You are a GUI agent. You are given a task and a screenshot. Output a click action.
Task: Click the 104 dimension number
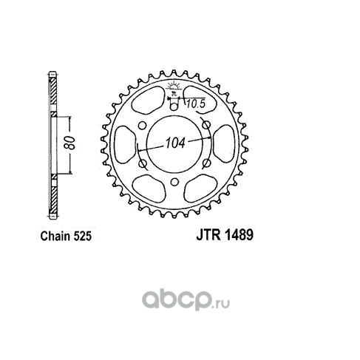(175, 143)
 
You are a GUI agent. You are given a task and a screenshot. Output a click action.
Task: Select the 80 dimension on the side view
(69, 143)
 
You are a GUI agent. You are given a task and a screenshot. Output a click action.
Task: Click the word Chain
(55, 236)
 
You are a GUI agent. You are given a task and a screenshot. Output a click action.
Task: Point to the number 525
(82, 236)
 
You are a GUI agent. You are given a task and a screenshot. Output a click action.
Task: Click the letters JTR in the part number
(208, 235)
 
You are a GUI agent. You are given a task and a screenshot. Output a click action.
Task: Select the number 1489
(239, 235)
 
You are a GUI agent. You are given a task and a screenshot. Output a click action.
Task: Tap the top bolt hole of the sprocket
(174, 107)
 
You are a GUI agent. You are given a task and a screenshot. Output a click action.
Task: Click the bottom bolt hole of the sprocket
(174, 183)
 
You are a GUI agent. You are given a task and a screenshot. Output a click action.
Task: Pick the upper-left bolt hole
(142, 126)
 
